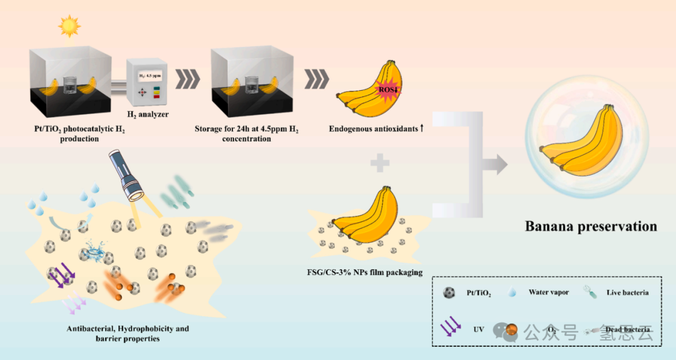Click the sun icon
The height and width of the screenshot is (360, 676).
pyautogui.click(x=69, y=26)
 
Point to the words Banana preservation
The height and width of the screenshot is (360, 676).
pyautogui.click(x=591, y=227)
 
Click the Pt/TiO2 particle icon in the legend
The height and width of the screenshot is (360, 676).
pyautogui.click(x=448, y=292)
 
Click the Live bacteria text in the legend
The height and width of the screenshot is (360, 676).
pyautogui.click(x=627, y=293)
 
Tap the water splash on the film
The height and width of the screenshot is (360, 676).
pyautogui.click(x=96, y=252)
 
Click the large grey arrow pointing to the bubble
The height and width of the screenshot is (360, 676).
pyautogui.click(x=494, y=164)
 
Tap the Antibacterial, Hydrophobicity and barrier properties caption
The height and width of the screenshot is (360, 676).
pyautogui.click(x=128, y=333)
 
